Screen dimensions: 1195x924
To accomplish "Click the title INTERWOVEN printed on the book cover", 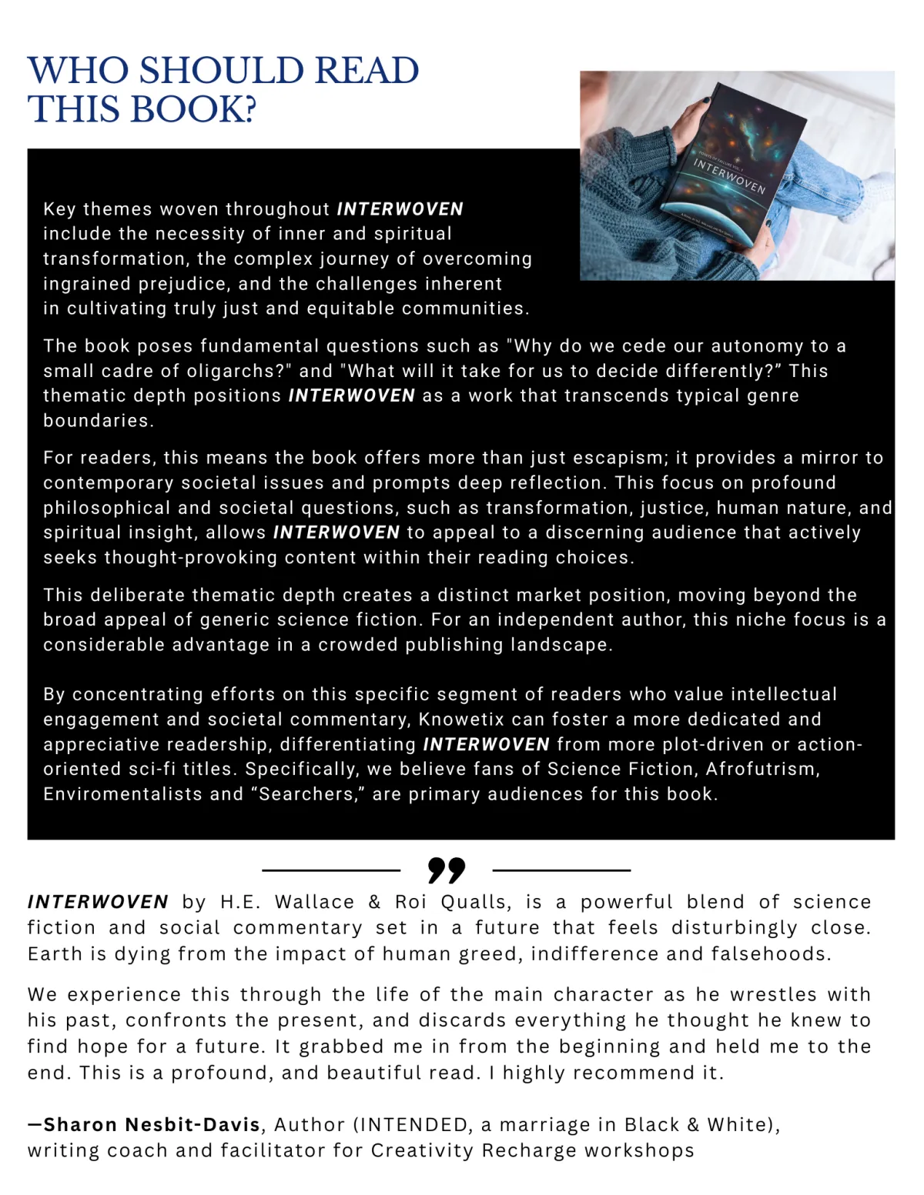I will point(728,177).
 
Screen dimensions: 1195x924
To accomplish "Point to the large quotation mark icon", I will point(446,870).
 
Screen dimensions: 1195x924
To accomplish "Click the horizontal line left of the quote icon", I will point(331,870).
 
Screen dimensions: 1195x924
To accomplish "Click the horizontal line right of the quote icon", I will point(561,870).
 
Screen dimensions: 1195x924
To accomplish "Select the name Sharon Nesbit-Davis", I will point(152,1125).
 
